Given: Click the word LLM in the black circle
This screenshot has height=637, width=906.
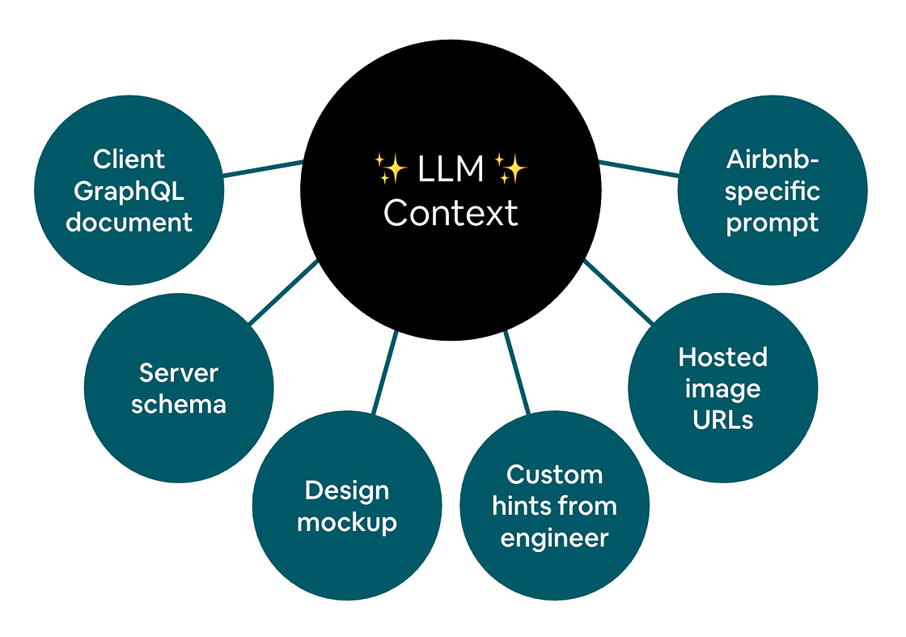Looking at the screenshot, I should click(x=451, y=169).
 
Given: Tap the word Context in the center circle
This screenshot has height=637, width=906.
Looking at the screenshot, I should click(x=451, y=213).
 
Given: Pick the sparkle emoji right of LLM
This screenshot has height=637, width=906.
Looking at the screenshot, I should click(x=510, y=169).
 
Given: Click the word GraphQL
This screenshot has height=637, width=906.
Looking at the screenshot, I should click(x=129, y=191).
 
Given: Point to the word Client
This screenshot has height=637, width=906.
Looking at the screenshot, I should click(x=129, y=159).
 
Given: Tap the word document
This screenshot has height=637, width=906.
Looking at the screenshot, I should click(x=129, y=222).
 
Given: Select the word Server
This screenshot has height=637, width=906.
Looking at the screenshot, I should click(x=179, y=373).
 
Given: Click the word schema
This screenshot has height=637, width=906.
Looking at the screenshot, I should click(x=179, y=404).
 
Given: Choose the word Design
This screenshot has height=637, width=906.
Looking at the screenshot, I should click(x=347, y=490).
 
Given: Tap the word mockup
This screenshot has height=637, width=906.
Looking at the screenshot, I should click(x=347, y=522).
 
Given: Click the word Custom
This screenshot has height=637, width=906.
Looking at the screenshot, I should click(x=554, y=474).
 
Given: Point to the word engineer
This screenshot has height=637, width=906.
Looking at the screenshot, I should click(x=554, y=538).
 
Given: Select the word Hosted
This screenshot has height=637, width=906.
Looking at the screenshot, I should click(x=723, y=357).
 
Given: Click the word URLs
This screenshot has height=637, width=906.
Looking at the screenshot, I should click(x=723, y=420).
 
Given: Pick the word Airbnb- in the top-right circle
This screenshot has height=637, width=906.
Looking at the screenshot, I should click(x=773, y=159).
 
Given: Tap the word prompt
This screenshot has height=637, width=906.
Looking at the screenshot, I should click(x=773, y=223).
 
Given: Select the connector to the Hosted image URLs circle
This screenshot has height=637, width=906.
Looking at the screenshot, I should click(x=619, y=291).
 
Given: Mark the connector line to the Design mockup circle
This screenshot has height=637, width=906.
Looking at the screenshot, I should click(x=384, y=372).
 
